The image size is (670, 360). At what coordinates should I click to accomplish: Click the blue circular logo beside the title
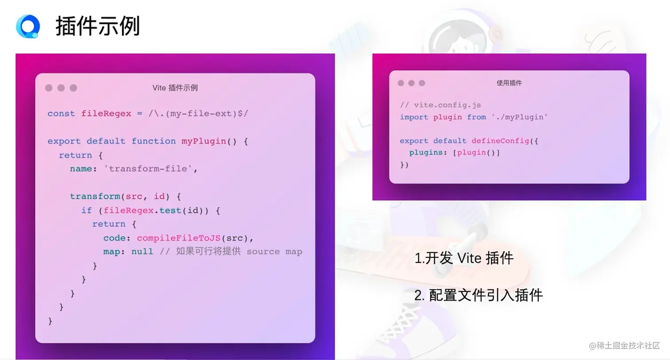click(x=28, y=26)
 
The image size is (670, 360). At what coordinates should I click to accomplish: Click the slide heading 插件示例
click(x=98, y=26)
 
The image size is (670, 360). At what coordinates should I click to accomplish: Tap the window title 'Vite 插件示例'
click(x=175, y=88)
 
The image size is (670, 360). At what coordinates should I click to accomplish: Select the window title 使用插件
click(x=509, y=83)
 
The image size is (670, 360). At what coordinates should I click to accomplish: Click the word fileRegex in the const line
click(x=106, y=113)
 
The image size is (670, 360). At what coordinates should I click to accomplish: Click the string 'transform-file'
click(x=148, y=169)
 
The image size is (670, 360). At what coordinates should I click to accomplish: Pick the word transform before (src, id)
click(x=95, y=196)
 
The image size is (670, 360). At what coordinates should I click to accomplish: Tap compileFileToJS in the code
click(x=179, y=238)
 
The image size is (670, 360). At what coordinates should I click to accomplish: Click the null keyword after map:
click(x=142, y=252)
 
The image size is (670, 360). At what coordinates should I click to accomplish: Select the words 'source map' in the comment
click(x=274, y=252)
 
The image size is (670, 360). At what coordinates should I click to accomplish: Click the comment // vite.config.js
click(x=440, y=105)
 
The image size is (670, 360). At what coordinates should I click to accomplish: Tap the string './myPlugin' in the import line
click(x=519, y=117)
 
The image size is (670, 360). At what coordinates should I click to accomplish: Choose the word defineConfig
click(x=500, y=141)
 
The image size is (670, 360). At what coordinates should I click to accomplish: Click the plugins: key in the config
click(x=428, y=153)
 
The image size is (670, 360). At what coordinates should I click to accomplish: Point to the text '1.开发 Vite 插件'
click(x=464, y=258)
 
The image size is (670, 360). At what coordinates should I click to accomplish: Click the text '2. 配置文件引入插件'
click(x=478, y=295)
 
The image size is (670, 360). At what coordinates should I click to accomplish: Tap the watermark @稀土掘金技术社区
click(x=624, y=346)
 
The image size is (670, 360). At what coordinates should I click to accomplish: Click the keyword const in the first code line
click(x=61, y=113)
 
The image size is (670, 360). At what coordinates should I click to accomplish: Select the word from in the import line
click(x=476, y=117)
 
